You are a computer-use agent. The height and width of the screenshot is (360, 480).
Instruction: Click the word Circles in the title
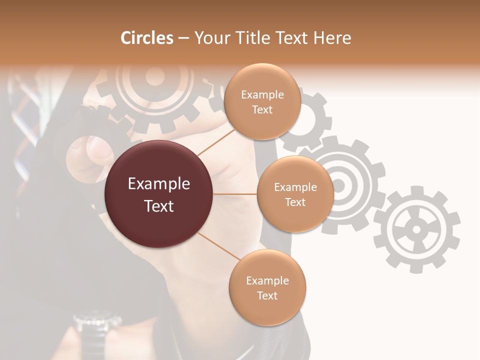pyautogui.click(x=146, y=38)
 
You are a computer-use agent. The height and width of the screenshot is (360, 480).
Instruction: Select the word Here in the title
pyautogui.click(x=333, y=38)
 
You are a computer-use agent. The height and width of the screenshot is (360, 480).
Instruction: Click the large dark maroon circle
pyautogui.click(x=159, y=194)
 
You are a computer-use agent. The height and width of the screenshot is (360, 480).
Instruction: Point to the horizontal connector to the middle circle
pyautogui.click(x=235, y=194)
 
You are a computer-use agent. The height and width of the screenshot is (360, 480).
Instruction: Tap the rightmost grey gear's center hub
pyautogui.click(x=416, y=229)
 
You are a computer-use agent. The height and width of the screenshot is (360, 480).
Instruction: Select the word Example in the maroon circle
pyautogui.click(x=159, y=184)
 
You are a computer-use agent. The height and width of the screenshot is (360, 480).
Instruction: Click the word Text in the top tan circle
pyautogui.click(x=262, y=110)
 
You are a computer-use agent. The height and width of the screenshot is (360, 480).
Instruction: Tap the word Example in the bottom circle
pyautogui.click(x=267, y=281)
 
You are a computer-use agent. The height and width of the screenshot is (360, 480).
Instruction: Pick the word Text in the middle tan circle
pyautogui.click(x=295, y=202)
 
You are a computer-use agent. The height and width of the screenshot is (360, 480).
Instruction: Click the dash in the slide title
pyautogui.click(x=183, y=38)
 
